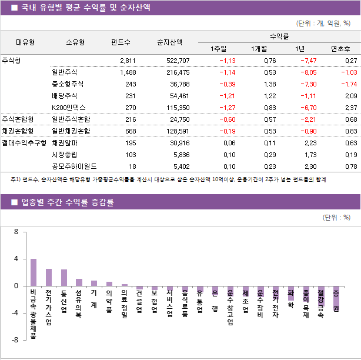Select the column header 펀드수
121,42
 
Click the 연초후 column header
341,48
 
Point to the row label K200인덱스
69,108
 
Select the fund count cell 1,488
127,72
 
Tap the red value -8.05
308,72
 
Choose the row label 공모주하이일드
74,166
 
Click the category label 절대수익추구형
24,143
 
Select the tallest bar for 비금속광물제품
34,272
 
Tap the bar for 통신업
64,278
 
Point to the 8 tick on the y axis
16,232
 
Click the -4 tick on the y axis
15,313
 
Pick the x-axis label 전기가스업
49,306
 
